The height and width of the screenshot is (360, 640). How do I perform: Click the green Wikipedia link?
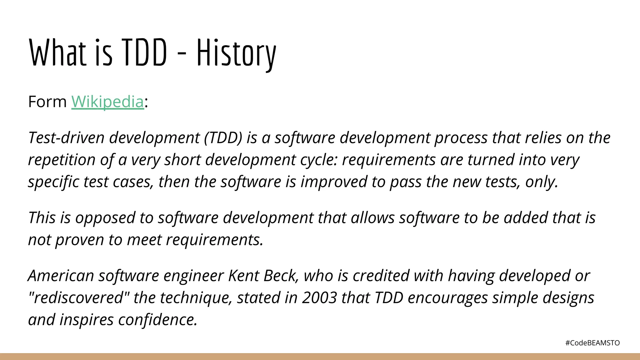(x=107, y=102)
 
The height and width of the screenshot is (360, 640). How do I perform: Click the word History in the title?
(x=236, y=53)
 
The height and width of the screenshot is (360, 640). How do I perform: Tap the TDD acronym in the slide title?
(x=144, y=52)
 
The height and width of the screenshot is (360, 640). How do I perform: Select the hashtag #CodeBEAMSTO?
(x=592, y=343)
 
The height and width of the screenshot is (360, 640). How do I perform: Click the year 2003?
(x=319, y=297)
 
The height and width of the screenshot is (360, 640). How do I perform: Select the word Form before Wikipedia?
(x=47, y=102)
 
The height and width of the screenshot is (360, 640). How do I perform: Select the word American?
(x=61, y=276)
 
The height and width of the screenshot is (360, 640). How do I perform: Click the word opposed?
(x=105, y=217)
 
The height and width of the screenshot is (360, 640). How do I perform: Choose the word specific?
(x=53, y=182)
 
